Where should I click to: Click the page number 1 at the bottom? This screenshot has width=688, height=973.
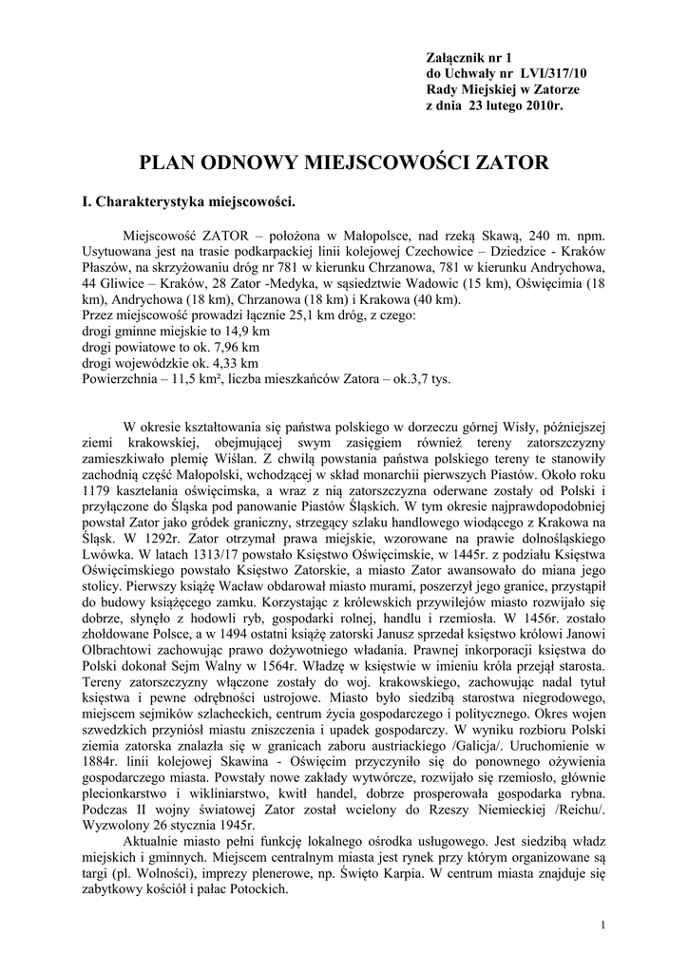point(604,925)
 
